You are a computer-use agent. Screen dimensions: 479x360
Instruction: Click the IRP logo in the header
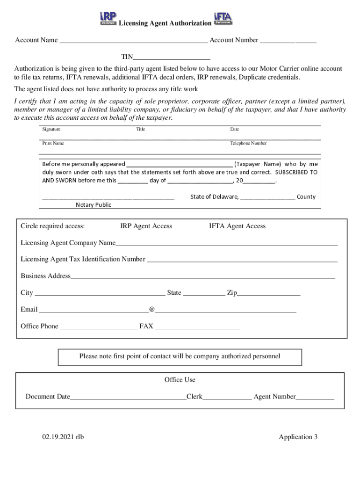[108, 18]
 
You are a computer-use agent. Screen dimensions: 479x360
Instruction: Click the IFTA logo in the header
[223, 18]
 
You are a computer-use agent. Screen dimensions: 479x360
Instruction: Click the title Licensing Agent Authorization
[165, 23]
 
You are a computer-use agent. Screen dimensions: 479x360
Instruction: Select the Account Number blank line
[288, 41]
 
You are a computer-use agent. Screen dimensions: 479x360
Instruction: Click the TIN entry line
[172, 58]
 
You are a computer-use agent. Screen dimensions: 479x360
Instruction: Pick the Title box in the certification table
[180, 133]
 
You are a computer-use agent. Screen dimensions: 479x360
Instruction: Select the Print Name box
[133, 147]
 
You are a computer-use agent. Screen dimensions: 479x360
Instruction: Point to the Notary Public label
[94, 205]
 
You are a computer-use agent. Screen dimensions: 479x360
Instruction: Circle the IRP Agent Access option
[146, 226]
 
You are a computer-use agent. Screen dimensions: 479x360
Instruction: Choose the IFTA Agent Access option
[237, 226]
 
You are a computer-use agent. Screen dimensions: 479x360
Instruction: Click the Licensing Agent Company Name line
[226, 243]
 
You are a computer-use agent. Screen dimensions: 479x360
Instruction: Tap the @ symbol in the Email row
[151, 310]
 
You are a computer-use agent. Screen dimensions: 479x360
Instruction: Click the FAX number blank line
[197, 327]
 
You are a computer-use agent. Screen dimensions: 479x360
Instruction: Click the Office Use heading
[180, 380]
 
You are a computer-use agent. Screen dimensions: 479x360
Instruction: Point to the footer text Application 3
[298, 437]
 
